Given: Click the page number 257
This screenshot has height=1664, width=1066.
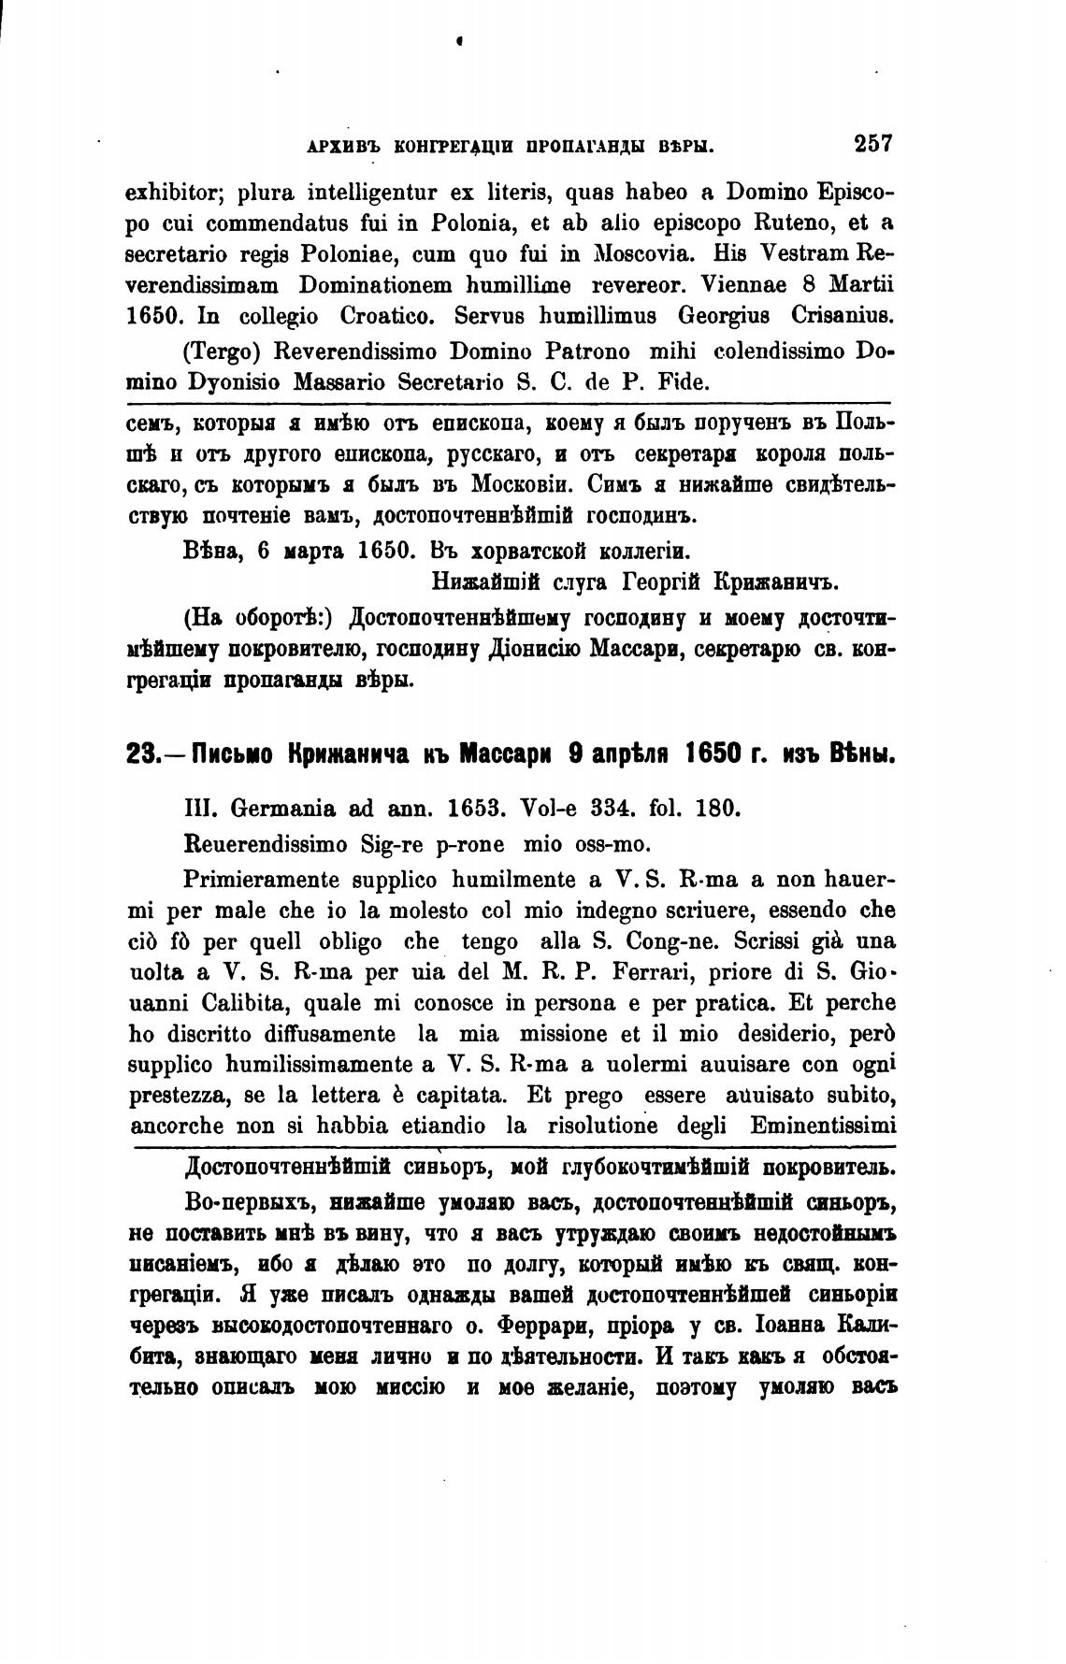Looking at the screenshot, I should pyautogui.click(x=873, y=145).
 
